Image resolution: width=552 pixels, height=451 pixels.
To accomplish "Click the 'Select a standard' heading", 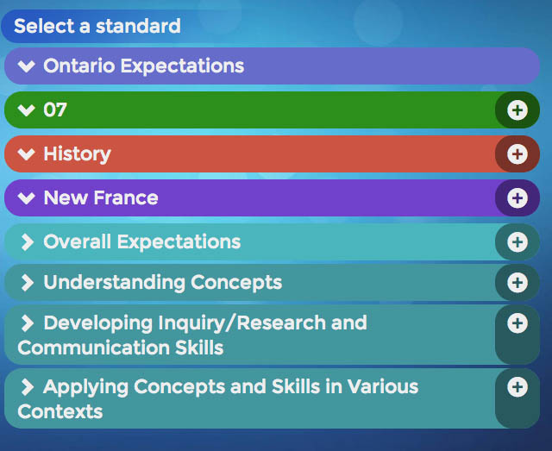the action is click(97, 26).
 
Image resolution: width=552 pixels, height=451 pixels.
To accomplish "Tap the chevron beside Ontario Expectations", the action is click(27, 66).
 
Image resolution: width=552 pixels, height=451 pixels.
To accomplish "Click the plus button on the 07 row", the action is click(517, 110).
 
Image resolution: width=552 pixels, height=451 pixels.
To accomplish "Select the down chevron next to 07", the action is click(27, 110).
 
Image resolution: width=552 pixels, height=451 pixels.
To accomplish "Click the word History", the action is click(77, 154).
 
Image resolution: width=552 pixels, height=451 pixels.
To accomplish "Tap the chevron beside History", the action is click(27, 153).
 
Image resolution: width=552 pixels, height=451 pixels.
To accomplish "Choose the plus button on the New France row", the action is click(517, 197).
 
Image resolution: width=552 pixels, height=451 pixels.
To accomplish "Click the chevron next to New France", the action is click(27, 197).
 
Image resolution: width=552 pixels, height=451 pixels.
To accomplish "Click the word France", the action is click(126, 197).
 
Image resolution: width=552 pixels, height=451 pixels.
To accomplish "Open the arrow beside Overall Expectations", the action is click(27, 241).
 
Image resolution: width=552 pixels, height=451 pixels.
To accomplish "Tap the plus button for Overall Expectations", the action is click(517, 241).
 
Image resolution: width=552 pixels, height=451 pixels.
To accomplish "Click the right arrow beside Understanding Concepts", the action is click(27, 282).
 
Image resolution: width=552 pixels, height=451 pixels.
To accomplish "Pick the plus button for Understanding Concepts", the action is click(517, 282).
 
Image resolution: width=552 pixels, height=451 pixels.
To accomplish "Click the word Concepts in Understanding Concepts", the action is click(236, 283).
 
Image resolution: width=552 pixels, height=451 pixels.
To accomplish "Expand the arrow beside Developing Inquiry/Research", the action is click(27, 323).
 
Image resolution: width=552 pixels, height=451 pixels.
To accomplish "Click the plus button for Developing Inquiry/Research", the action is click(517, 323).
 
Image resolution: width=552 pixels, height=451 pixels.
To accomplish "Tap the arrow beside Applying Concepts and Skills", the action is click(27, 387).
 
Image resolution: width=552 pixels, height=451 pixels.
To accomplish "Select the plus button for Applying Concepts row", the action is click(517, 387).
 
